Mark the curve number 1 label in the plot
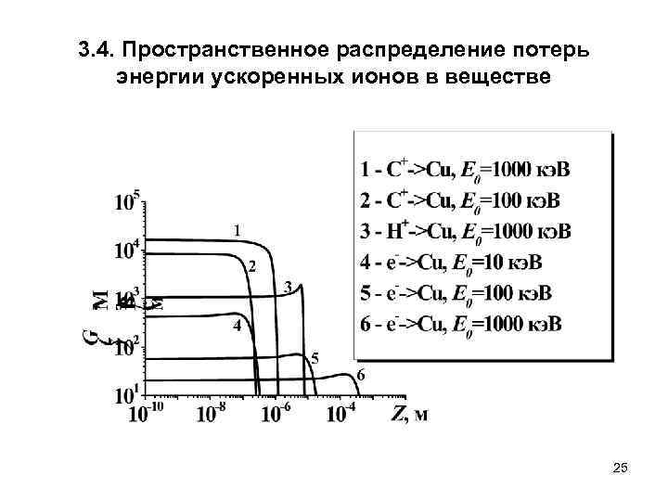point(238,228)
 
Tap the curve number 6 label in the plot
point(360,375)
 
